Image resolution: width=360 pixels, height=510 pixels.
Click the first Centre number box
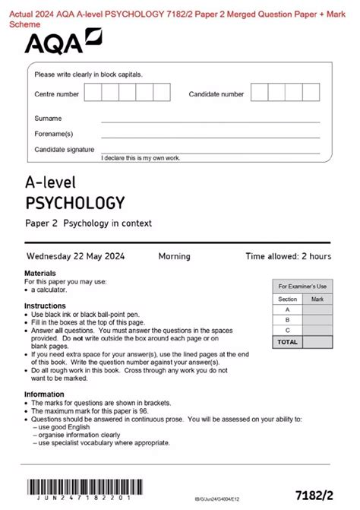pos(93,93)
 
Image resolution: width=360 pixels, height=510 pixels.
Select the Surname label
pos(48,119)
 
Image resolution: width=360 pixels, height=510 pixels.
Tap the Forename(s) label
pos(53,134)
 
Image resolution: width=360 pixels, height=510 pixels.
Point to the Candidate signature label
pos(65,150)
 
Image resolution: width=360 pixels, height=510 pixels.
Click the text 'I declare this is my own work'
pos(141,157)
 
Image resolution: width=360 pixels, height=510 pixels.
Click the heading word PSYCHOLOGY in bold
pos(74,203)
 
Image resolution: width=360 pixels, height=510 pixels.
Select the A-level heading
pos(51,183)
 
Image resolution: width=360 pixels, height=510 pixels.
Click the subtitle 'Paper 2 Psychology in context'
pos(89,223)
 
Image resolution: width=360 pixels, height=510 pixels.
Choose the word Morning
pos(174,256)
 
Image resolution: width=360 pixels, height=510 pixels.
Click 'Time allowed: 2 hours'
pos(288,256)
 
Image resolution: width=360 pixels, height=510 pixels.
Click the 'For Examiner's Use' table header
pos(302,287)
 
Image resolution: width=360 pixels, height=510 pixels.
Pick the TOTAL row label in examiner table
pos(288,342)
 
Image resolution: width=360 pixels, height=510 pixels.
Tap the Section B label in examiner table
pos(287,320)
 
